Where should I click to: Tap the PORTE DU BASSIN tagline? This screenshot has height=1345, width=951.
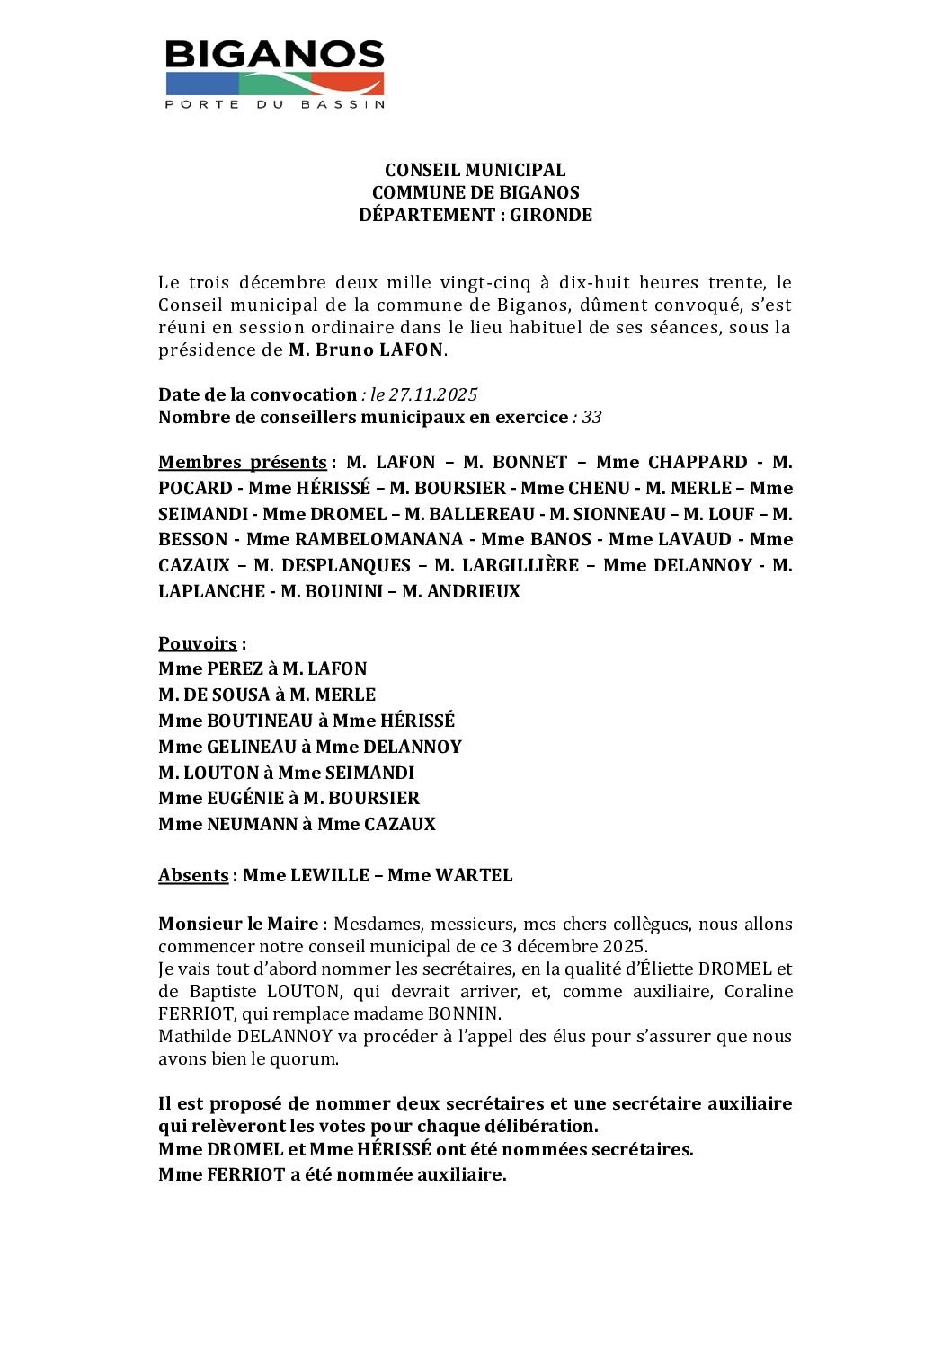pos(275,104)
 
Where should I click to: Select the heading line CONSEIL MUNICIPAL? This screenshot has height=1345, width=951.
pos(475,170)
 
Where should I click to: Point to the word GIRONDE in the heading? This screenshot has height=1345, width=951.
pos(551,215)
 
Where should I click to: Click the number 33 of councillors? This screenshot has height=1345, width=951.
pos(591,417)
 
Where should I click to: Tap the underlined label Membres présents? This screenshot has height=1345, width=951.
pos(242,462)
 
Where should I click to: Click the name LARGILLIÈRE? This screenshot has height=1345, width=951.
pos(519,565)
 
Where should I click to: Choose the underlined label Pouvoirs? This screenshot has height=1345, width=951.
pos(198,643)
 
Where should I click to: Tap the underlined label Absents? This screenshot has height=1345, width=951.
pos(193,875)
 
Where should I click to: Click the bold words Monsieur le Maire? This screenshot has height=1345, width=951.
pos(238,924)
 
